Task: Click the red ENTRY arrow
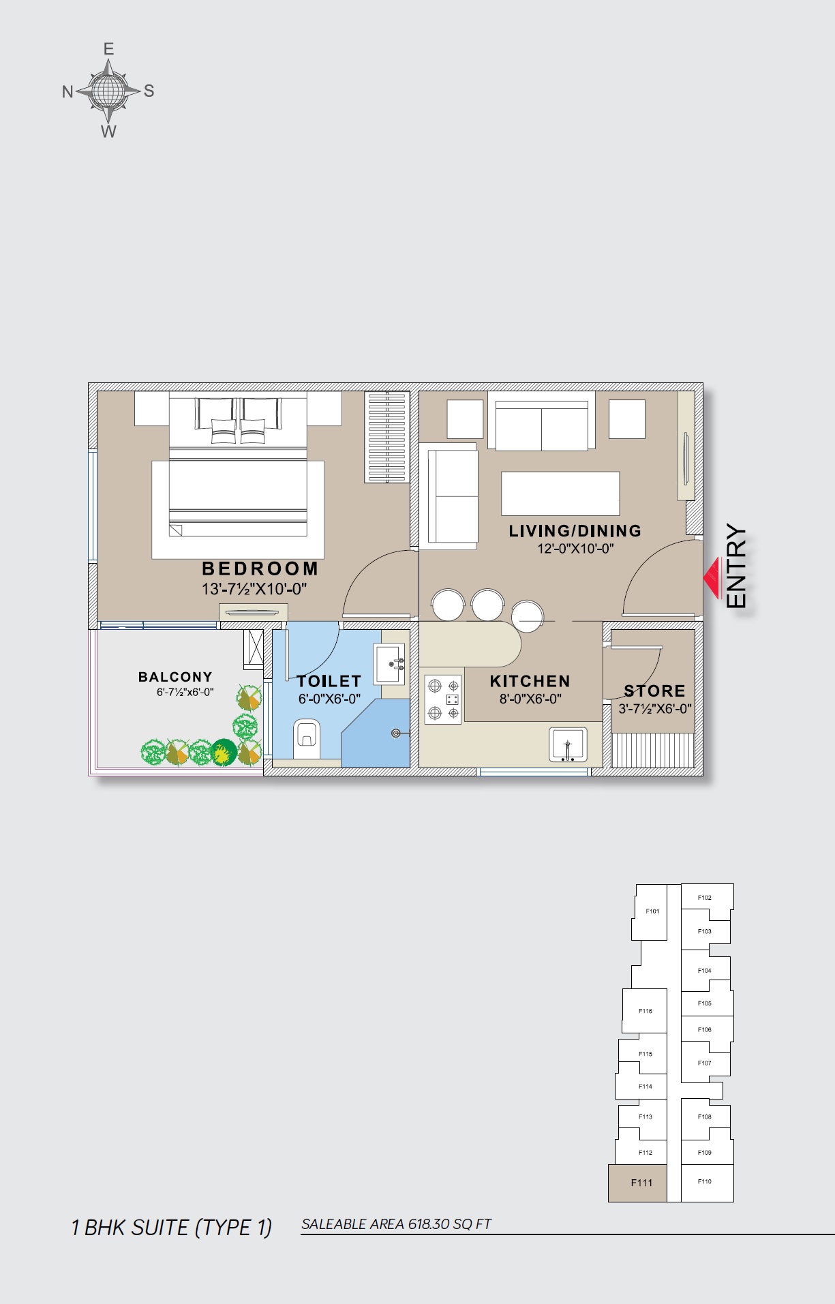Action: [x=712, y=578]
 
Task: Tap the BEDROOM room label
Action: [x=260, y=568]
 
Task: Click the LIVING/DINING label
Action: [x=575, y=531]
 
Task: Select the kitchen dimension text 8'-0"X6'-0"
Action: [x=530, y=699]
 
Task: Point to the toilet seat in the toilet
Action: [x=307, y=737]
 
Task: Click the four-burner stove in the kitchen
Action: [x=443, y=699]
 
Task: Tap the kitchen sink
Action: [x=568, y=744]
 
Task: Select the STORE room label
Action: [x=654, y=691]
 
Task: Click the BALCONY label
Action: [x=175, y=677]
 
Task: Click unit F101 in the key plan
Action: [x=652, y=911]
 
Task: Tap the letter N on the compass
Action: [x=67, y=91]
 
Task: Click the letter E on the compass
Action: [x=108, y=49]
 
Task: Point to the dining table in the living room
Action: [x=560, y=494]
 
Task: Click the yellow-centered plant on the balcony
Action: [x=223, y=752]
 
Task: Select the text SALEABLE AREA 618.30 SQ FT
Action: [x=396, y=1224]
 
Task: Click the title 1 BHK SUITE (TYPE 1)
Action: [x=171, y=1228]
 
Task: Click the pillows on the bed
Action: [x=239, y=431]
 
